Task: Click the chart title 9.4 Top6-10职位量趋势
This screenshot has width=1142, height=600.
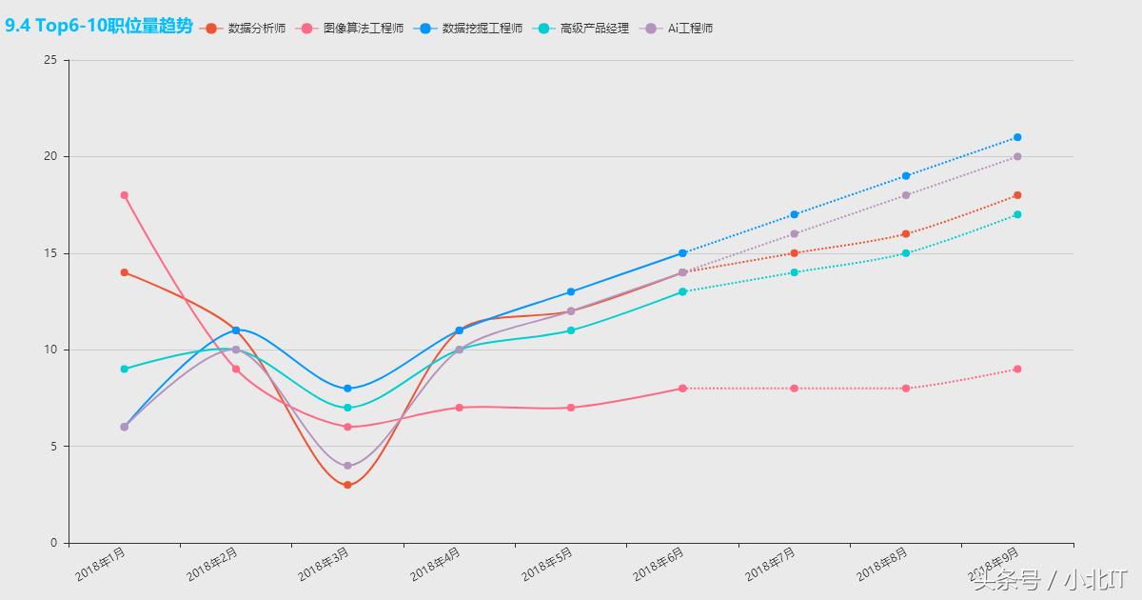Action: pos(98,27)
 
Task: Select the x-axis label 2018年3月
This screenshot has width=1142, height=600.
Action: pos(325,565)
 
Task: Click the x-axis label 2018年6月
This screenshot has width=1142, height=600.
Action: pos(660,565)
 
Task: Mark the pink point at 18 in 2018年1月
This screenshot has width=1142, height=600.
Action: pos(125,195)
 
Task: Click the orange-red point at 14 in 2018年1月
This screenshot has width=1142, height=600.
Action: pos(125,272)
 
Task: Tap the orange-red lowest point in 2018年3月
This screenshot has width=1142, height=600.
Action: pos(347,485)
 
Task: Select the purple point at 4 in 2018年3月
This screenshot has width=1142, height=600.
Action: pos(347,466)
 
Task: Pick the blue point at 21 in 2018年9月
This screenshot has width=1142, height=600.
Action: pos(1017,137)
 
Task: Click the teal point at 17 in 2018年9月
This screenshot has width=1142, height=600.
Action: pos(1017,214)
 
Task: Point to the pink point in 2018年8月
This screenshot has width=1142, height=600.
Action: pos(906,389)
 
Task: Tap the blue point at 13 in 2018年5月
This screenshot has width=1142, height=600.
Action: pos(571,291)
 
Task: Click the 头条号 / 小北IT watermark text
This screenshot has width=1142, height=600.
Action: pos(1050,579)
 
